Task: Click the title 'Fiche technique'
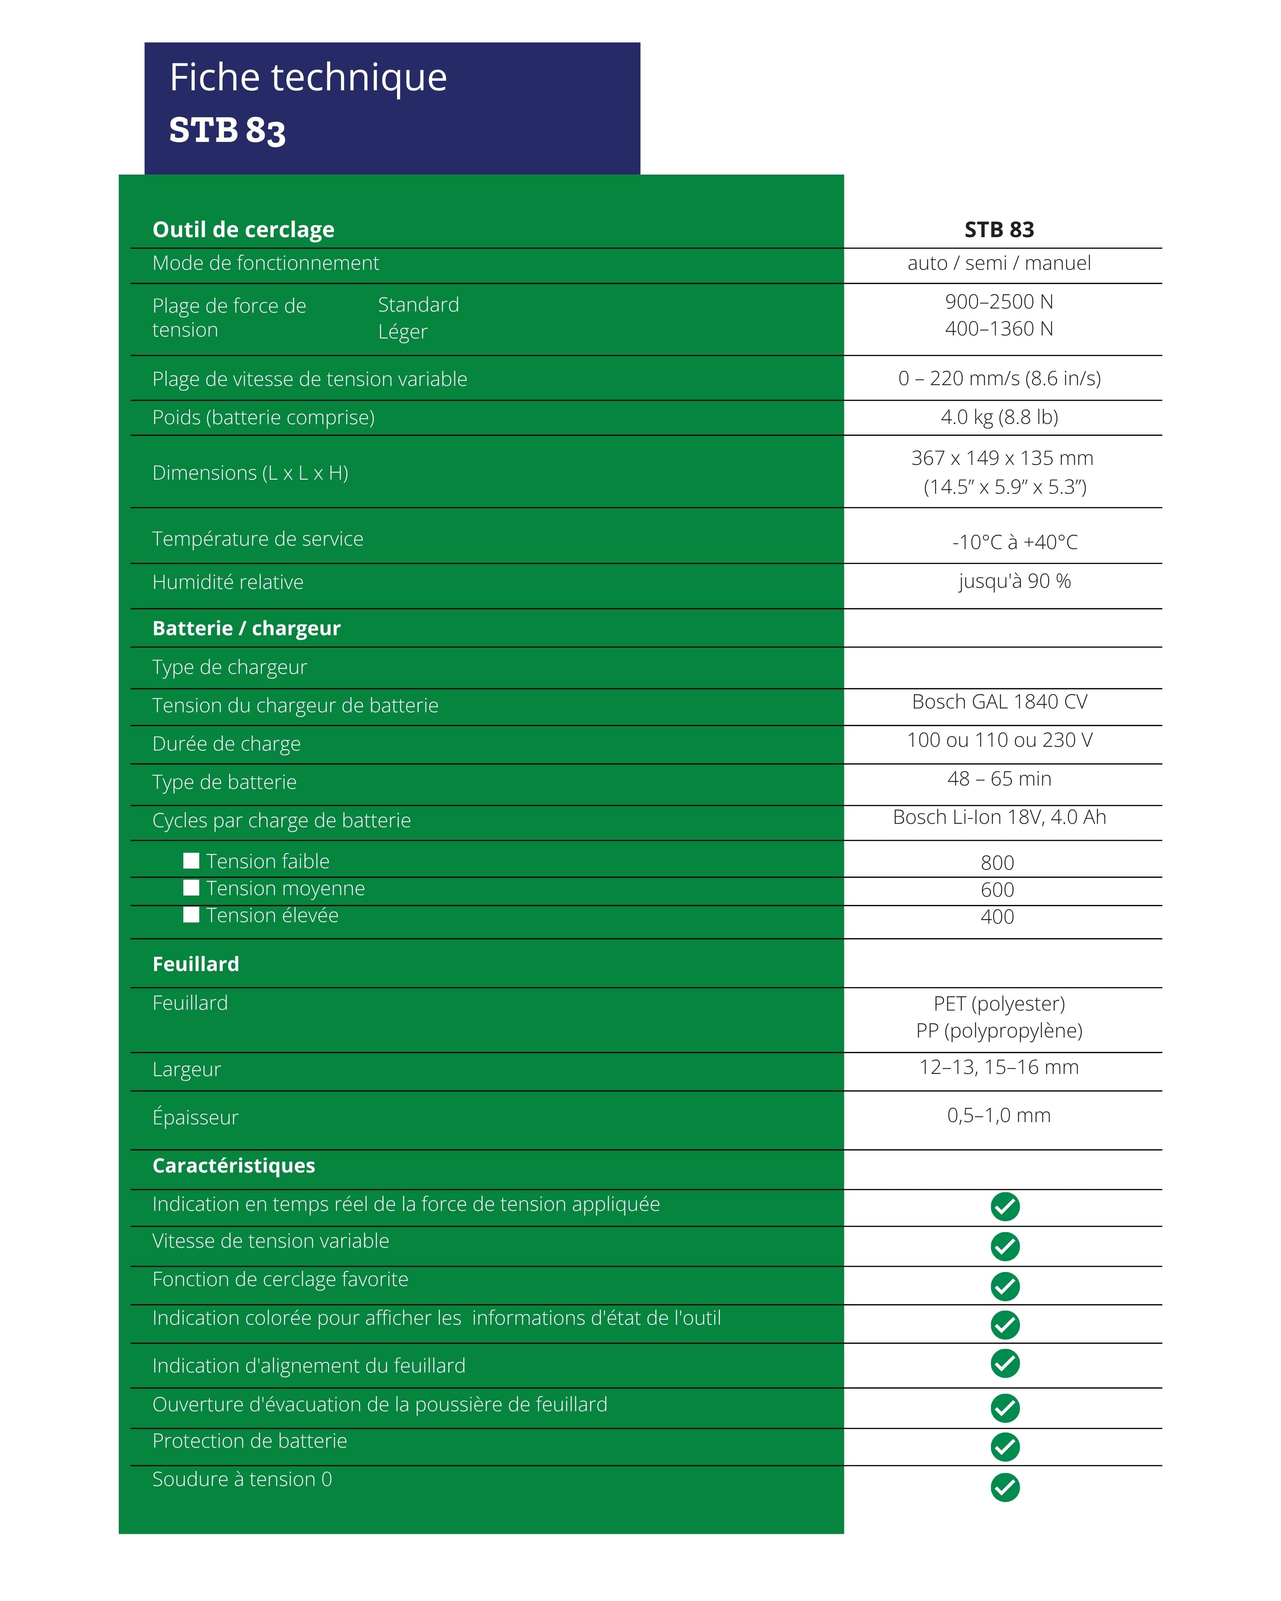click(x=308, y=77)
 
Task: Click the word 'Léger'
click(x=402, y=332)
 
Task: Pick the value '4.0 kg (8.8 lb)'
click(x=999, y=417)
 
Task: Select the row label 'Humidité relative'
click(x=228, y=582)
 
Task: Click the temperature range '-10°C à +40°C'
click(x=1015, y=543)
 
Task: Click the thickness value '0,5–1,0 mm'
click(x=999, y=1115)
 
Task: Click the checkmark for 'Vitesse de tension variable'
click(x=1005, y=1247)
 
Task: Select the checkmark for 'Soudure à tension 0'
click(x=1005, y=1488)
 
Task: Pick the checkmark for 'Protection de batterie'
click(x=1005, y=1447)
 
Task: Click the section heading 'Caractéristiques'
click(x=234, y=1166)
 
